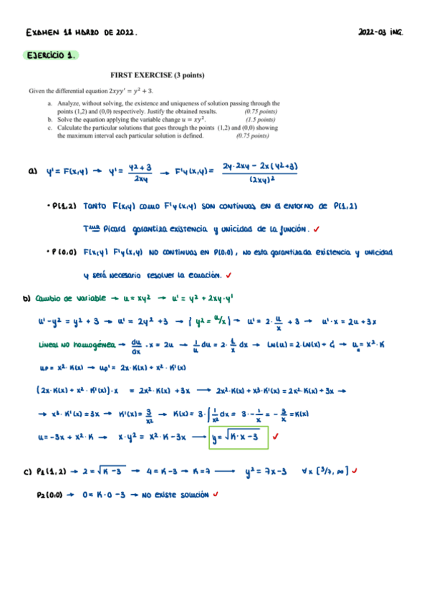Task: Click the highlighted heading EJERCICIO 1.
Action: click(x=51, y=55)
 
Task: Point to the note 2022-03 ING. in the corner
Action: click(x=380, y=32)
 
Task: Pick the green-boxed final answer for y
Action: click(x=238, y=437)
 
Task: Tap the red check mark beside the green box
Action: click(x=276, y=435)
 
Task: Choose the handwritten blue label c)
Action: click(x=29, y=471)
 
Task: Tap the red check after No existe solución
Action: click(x=216, y=495)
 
